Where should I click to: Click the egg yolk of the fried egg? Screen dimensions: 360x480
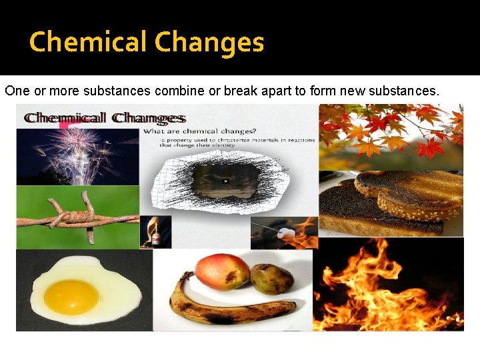click(71, 297)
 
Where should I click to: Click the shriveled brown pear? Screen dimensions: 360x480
click(272, 279)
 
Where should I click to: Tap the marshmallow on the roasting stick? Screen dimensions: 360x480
click(286, 233)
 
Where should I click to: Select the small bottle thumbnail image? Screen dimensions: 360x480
click(155, 232)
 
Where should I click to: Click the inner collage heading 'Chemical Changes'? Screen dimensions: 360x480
click(104, 119)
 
